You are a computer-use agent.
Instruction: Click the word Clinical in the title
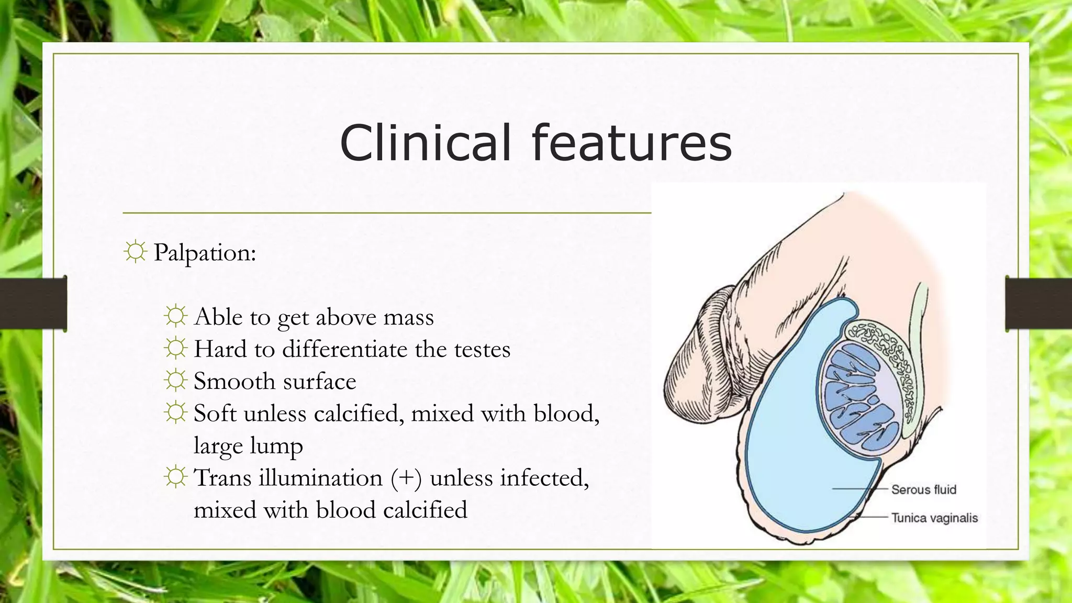click(425, 142)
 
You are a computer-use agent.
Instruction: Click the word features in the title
click(631, 142)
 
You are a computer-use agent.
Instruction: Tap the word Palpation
click(205, 253)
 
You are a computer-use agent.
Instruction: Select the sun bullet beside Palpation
click(135, 252)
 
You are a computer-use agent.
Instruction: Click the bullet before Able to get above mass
click(175, 316)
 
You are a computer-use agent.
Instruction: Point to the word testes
click(482, 349)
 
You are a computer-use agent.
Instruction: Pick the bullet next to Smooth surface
click(175, 381)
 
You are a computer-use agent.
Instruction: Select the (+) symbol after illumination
click(406, 478)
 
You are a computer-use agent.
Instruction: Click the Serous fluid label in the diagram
click(923, 489)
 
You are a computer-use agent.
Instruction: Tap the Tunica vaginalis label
click(934, 518)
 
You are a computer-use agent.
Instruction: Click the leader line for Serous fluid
click(861, 489)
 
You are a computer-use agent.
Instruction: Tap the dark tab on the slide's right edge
click(1038, 304)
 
